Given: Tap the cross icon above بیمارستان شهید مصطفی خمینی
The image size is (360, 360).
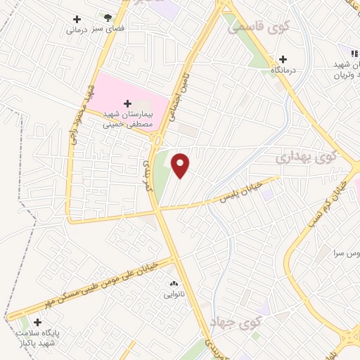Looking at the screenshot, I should tap(127, 104).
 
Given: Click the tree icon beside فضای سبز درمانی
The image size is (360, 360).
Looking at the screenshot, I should tap(108, 18).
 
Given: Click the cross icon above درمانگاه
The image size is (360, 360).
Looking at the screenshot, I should tap(283, 60).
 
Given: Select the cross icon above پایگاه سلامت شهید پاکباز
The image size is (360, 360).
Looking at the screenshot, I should tap(37, 322).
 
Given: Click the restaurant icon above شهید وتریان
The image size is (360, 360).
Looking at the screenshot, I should tap(354, 53).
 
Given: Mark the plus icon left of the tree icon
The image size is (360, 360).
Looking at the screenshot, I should tap(77, 19).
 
